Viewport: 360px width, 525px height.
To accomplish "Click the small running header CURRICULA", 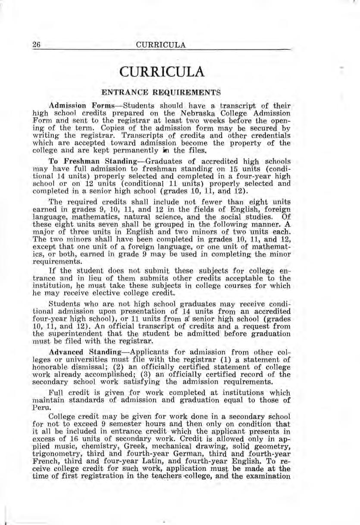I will (x=160, y=45).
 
